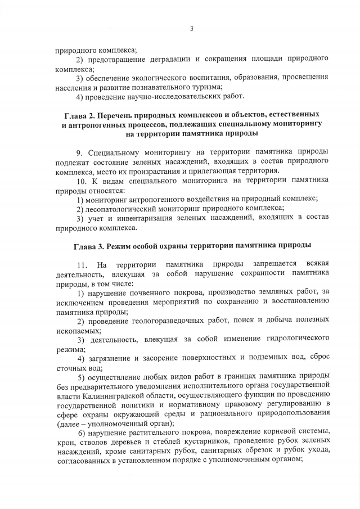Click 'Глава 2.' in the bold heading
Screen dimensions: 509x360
tap(80, 115)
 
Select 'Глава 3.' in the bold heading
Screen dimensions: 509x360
tap(90, 246)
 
